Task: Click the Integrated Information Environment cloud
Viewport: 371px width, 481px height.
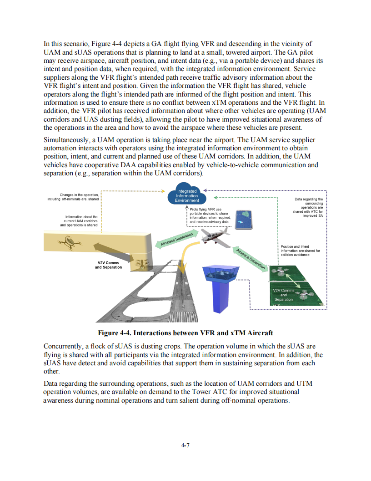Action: coord(187,196)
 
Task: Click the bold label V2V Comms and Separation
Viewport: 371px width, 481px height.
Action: coord(108,265)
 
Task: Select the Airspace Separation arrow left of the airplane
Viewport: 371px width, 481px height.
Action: coord(177,240)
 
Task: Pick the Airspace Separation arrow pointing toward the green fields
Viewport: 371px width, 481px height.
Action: coord(251,259)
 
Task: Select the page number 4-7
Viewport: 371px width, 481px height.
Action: coord(185,445)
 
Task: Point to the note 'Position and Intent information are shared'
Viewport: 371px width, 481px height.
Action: coord(300,251)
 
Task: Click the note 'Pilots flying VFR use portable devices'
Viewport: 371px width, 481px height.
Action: coord(210,215)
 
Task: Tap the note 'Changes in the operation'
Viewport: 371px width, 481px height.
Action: coord(73,197)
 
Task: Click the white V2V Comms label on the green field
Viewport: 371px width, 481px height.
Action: coord(284,295)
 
